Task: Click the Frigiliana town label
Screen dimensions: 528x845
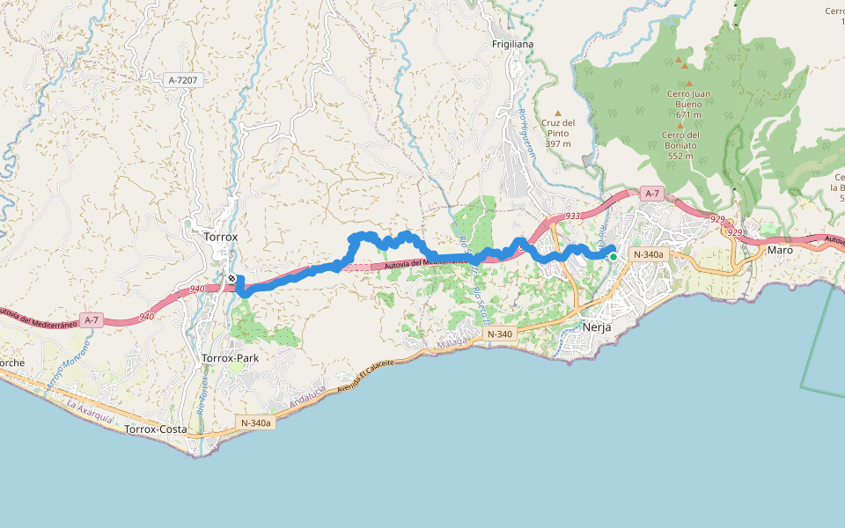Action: tap(513, 44)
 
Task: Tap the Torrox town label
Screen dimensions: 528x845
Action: tap(221, 237)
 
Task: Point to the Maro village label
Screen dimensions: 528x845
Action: tap(780, 250)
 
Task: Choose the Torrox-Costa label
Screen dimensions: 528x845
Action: tap(156, 429)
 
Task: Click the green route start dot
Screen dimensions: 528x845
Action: tap(613, 256)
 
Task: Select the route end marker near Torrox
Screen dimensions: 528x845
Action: tap(231, 279)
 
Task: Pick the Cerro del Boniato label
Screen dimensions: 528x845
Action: tap(680, 145)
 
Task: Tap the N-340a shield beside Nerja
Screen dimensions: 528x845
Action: tap(649, 254)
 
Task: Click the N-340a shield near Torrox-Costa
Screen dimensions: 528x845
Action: tap(256, 423)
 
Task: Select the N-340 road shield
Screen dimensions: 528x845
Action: tap(498, 334)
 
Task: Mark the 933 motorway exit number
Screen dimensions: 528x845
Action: tap(573, 216)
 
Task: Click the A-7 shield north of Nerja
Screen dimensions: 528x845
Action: tap(651, 193)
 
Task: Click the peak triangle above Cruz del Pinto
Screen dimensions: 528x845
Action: tap(558, 113)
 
